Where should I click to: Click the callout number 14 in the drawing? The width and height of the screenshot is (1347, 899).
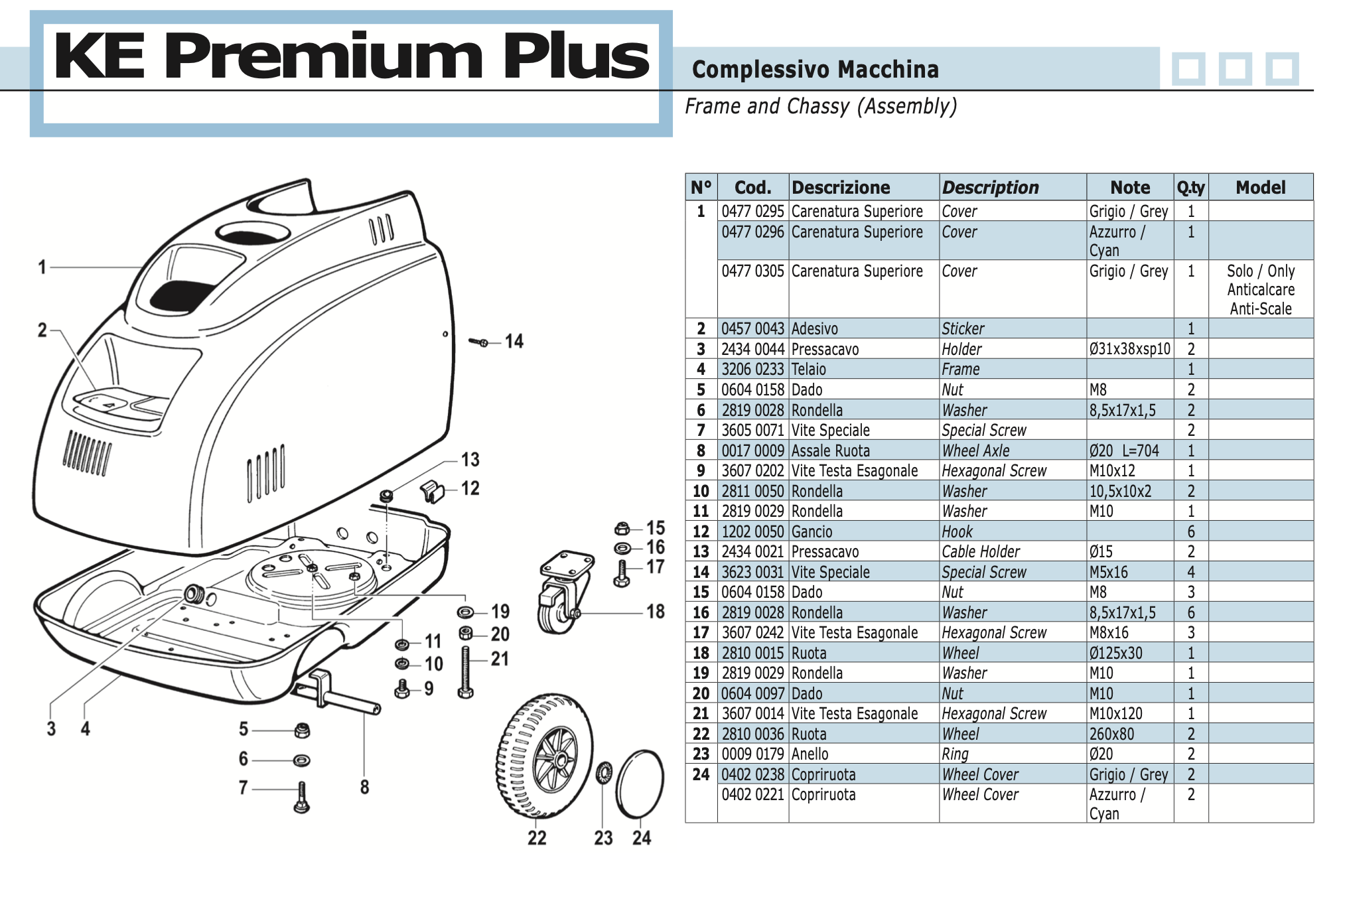514,342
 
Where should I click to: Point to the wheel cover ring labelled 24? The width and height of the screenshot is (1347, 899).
640,786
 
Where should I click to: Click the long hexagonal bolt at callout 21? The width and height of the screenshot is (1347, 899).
465,671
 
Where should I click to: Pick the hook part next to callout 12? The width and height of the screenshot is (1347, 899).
433,491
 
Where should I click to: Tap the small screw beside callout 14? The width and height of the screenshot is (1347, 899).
478,342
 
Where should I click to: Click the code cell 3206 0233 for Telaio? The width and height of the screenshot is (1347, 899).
752,370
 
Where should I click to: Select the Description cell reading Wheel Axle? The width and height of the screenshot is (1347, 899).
975,451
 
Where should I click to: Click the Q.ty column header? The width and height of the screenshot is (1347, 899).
1190,188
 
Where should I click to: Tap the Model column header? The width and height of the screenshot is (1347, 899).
1260,188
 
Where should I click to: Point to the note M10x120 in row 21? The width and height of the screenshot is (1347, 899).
1115,714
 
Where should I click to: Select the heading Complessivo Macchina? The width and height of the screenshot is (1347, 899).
815,70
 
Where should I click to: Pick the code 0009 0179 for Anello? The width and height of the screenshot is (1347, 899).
752,754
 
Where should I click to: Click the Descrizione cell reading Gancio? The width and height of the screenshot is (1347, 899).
812,532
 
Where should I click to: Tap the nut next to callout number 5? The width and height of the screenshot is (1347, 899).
302,730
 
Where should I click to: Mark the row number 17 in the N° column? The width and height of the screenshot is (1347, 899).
701,633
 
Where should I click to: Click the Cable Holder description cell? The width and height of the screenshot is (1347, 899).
981,552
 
